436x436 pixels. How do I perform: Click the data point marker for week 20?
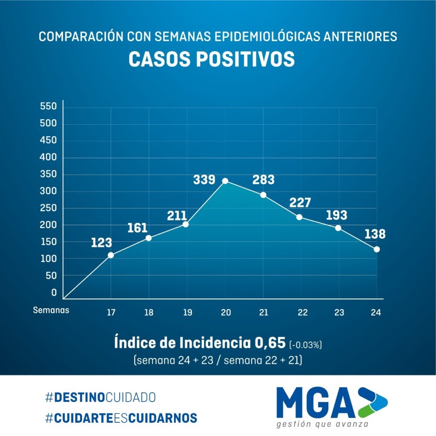click(225, 181)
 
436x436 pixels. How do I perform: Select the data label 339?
click(204, 180)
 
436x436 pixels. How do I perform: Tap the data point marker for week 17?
click(111, 255)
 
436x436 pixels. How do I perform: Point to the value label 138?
click(375, 234)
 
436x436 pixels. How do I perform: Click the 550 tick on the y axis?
click(48, 106)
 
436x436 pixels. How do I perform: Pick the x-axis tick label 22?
click(303, 313)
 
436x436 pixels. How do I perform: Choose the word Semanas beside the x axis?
click(51, 310)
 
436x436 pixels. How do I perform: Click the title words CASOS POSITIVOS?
click(212, 60)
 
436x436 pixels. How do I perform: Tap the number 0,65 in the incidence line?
click(269, 343)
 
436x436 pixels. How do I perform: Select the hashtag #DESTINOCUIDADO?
click(100, 397)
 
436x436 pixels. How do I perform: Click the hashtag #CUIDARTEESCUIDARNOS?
click(121, 418)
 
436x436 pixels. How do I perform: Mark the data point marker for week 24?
click(377, 249)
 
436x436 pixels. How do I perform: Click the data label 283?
click(263, 179)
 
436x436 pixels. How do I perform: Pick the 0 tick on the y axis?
click(54, 293)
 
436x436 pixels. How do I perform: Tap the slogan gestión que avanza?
click(322, 425)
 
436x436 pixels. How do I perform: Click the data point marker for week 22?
click(299, 217)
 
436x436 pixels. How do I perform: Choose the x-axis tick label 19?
click(187, 313)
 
